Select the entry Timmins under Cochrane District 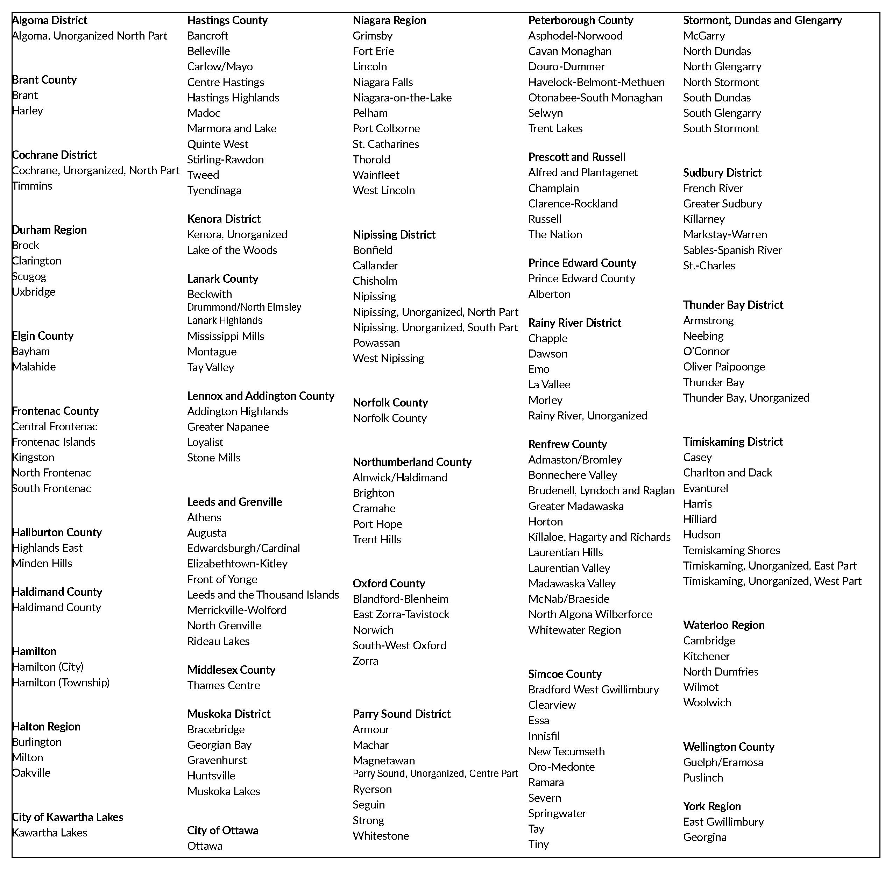32,186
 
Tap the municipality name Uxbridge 34,292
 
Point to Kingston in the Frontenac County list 33,457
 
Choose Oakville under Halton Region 31,773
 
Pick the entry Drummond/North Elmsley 244,307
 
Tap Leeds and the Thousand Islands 263,595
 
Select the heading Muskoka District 228,714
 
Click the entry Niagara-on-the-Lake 402,98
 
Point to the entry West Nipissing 388,358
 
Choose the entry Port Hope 377,524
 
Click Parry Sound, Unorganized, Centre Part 435,773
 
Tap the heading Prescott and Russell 577,157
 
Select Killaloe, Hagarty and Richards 599,537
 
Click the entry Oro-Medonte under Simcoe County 561,767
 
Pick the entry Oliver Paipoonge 724,367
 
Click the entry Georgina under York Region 705,837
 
